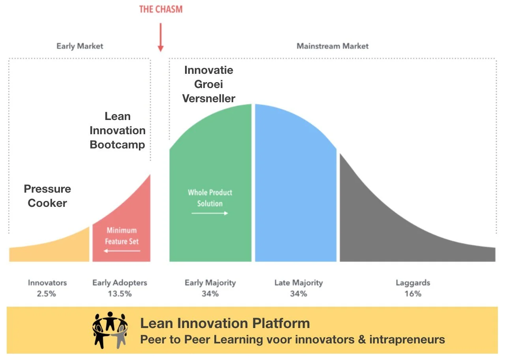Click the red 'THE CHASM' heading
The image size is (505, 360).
[x=161, y=9]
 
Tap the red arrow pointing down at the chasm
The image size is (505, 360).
[x=161, y=38]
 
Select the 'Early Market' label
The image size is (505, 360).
[x=80, y=46]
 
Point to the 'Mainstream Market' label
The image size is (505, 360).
[x=333, y=46]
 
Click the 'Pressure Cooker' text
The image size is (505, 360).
[x=47, y=196]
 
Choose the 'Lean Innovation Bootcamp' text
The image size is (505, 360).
[x=118, y=130]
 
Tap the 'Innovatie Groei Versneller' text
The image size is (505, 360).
[x=209, y=84]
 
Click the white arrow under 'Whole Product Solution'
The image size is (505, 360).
[x=210, y=213]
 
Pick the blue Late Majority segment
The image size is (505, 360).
[x=295, y=189]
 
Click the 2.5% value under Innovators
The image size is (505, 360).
[x=47, y=294]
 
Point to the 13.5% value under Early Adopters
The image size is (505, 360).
[x=120, y=294]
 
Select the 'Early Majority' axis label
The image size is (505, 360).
[x=210, y=283]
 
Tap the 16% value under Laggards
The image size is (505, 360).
[x=413, y=294]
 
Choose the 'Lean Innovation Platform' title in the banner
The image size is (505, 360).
[x=225, y=323]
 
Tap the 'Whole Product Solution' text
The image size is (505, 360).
[x=210, y=198]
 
